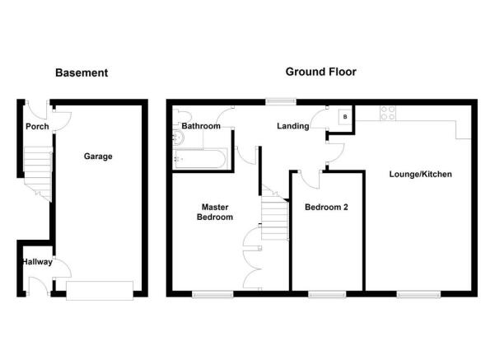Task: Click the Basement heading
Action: [x=82, y=73]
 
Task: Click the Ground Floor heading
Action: [x=320, y=72]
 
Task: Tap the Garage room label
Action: [x=98, y=157]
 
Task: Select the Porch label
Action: [x=37, y=126]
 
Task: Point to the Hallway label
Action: [x=37, y=262]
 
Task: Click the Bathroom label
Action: [x=201, y=126]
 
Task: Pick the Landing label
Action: [x=293, y=126]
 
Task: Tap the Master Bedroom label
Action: [x=215, y=212]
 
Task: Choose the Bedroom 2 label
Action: [x=326, y=207]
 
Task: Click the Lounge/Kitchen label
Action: [x=420, y=174]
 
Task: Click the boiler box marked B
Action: [x=345, y=117]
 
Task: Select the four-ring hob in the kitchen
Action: [x=388, y=113]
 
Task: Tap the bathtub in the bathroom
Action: [x=200, y=159]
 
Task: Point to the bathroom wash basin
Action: [x=178, y=138]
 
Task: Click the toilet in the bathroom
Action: [x=180, y=116]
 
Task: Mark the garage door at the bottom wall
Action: [x=100, y=290]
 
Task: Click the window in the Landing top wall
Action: [x=281, y=101]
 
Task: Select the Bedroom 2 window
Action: [x=327, y=294]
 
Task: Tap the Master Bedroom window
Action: [x=212, y=294]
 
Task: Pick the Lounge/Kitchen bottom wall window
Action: [x=418, y=294]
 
